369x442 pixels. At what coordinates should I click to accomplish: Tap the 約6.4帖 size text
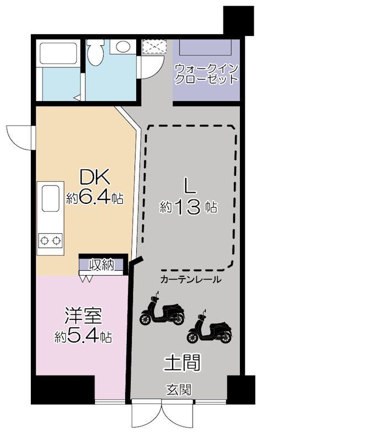coord(94,198)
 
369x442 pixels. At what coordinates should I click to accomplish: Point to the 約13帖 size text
coord(188,208)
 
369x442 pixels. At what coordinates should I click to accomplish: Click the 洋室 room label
coord(83,317)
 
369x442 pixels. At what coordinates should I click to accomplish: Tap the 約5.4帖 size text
coord(83,336)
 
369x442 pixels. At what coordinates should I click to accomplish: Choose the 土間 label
coord(182,363)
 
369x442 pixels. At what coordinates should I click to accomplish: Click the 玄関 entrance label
coord(179,390)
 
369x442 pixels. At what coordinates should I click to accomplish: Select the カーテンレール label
coord(190,280)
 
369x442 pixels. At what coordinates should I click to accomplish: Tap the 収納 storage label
coord(101,265)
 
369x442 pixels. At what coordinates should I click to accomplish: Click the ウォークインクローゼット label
coord(206,75)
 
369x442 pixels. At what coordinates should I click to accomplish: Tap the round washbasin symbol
coord(123,46)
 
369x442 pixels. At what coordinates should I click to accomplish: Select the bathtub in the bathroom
coord(58,54)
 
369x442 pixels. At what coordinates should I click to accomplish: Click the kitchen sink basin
coord(51,198)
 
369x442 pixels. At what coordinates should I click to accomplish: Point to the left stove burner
coord(45,241)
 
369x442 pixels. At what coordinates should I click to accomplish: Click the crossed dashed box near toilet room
coord(153,47)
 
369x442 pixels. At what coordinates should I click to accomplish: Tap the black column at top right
coord(238,20)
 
